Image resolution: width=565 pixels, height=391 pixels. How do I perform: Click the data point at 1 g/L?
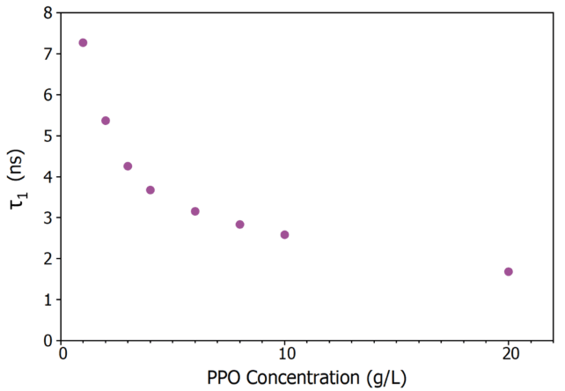[83, 42]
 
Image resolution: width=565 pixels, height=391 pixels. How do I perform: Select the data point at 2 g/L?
[106, 121]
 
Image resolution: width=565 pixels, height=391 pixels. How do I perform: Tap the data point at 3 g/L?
[128, 166]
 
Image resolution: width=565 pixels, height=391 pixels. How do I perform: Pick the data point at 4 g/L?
[150, 190]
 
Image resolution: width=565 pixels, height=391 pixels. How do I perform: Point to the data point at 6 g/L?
[195, 211]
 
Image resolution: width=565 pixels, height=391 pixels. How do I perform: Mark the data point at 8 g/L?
[239, 225]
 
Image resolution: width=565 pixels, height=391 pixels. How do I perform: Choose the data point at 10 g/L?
[284, 235]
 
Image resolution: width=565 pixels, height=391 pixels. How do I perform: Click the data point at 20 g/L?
[508, 272]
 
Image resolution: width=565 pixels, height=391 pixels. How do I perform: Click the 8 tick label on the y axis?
[47, 13]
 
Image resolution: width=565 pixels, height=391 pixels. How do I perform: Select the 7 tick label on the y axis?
[47, 54]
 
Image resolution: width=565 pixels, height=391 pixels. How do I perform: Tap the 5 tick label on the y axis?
[47, 136]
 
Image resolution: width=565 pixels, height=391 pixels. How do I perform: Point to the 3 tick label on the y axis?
[47, 218]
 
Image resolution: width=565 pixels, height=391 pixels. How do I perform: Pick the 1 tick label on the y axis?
[47, 299]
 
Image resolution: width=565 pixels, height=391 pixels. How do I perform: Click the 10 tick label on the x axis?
[284, 355]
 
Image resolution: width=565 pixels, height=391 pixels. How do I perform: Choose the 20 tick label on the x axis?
[508, 355]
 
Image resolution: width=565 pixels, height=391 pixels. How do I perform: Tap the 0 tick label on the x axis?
[62, 355]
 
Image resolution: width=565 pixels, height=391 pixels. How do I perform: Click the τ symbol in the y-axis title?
[16, 203]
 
